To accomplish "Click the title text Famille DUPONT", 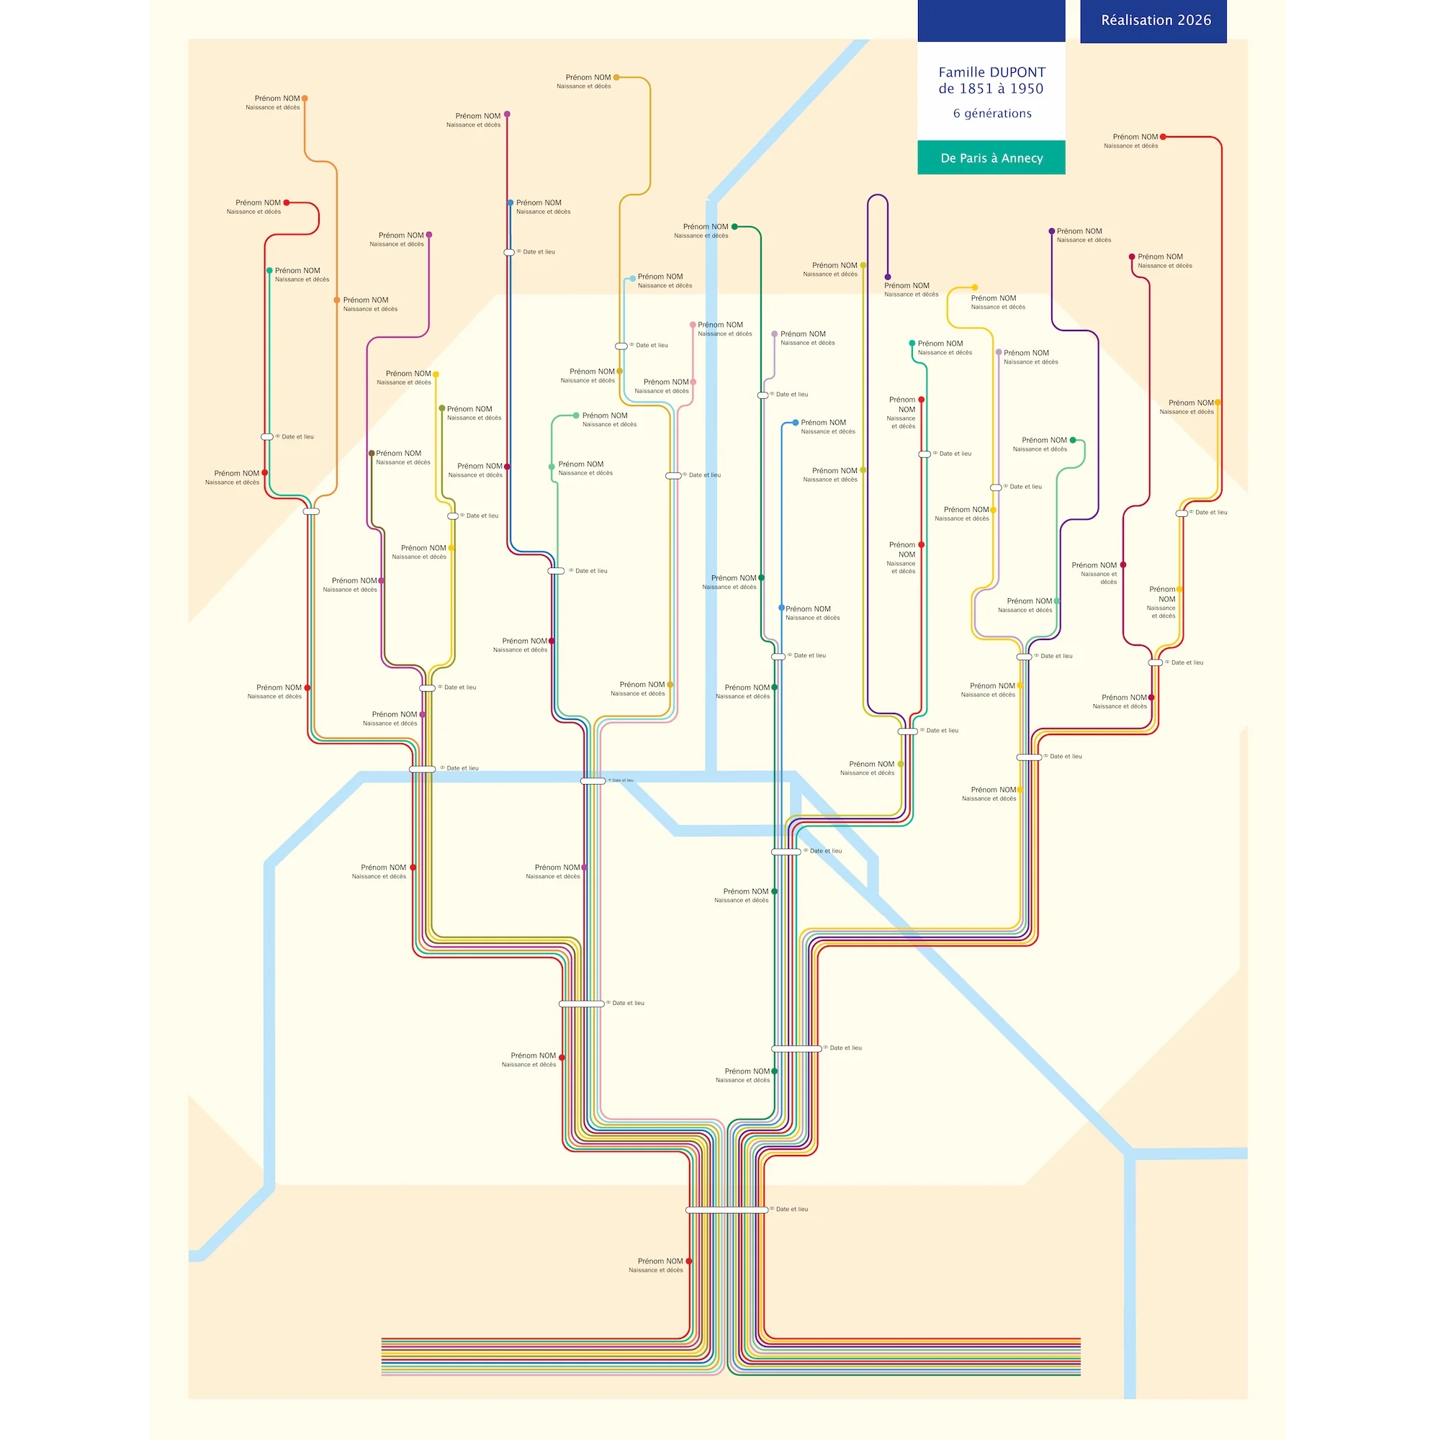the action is (x=991, y=72).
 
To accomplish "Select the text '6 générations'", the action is (x=992, y=113).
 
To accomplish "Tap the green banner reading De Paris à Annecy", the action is (x=991, y=158).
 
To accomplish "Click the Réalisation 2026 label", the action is (x=1156, y=20).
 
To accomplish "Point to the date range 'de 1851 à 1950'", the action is (x=991, y=89).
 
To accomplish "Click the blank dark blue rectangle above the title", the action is (x=991, y=20).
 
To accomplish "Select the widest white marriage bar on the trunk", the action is (x=726, y=1210).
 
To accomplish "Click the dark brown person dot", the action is (x=372, y=453).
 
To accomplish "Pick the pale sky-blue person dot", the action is (x=633, y=279).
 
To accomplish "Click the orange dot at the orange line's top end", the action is (x=304, y=99).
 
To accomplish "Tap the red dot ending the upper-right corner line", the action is (x=1163, y=137).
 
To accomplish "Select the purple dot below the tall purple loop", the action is (x=887, y=277).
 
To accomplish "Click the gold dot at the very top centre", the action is (x=616, y=78).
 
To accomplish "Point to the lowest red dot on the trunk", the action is (x=689, y=1261).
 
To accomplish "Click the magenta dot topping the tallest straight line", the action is (x=507, y=114).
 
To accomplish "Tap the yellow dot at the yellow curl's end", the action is (x=974, y=288).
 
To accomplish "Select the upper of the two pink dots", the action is (x=693, y=325).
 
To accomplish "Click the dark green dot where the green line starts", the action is (x=734, y=227).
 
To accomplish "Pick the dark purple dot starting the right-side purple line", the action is (x=1052, y=231).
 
